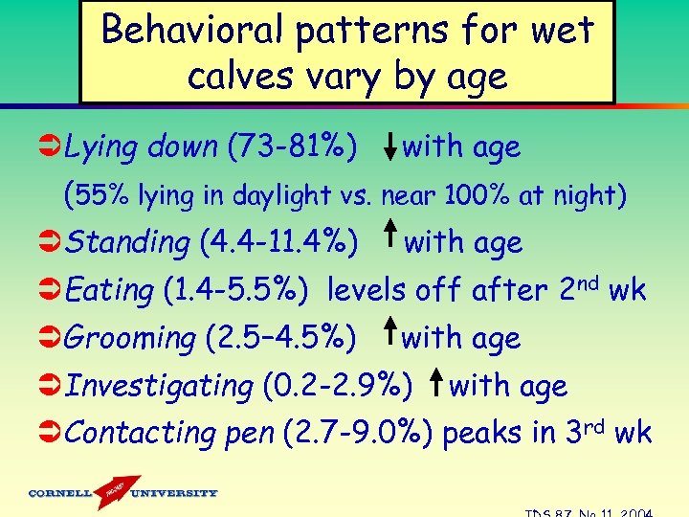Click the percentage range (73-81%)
(x=293, y=147)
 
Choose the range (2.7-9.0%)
(x=359, y=433)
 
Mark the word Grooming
(x=132, y=338)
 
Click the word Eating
(x=110, y=290)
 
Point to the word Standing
(x=129, y=242)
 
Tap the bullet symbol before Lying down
(x=50, y=147)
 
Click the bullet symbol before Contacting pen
(x=50, y=433)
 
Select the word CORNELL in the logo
(x=60, y=493)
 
